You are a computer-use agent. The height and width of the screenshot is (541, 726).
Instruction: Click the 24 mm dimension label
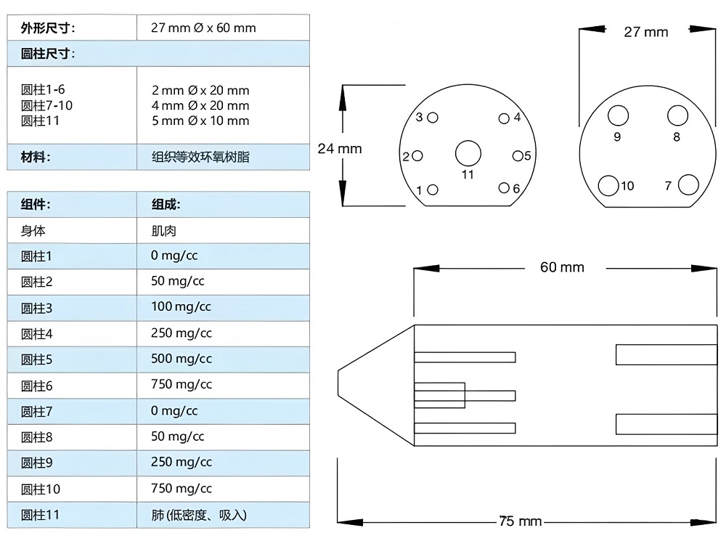[x=340, y=148]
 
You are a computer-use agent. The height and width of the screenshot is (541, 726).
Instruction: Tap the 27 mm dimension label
[x=645, y=31]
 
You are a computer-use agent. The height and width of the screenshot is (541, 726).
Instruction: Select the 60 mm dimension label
[x=562, y=267]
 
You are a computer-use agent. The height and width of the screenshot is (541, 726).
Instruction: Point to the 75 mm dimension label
[x=521, y=521]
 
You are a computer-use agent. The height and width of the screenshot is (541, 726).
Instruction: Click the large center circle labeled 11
[x=468, y=152]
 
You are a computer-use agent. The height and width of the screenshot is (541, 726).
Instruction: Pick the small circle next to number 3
[x=433, y=118]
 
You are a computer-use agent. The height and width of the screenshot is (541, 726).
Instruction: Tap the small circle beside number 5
[x=518, y=155]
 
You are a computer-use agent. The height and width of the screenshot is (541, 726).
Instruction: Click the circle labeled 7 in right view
[x=688, y=185]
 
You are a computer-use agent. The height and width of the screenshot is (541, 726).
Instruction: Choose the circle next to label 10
[x=608, y=186]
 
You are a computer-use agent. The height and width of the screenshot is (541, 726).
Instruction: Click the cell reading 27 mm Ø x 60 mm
[x=203, y=28]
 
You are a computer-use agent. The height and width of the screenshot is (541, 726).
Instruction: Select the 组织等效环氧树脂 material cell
[x=200, y=157]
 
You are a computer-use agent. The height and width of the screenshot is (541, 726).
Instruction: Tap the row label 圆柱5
[x=37, y=359]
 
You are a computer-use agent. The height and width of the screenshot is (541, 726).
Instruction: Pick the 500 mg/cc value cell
[x=181, y=359]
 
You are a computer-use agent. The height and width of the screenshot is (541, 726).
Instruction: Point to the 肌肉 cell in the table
[x=164, y=231]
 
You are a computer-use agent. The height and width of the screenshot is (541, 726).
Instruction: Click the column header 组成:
[x=166, y=205]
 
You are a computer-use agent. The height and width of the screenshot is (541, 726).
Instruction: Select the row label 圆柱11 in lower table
[x=40, y=515]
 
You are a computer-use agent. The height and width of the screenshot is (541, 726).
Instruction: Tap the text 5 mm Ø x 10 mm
[x=200, y=121]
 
